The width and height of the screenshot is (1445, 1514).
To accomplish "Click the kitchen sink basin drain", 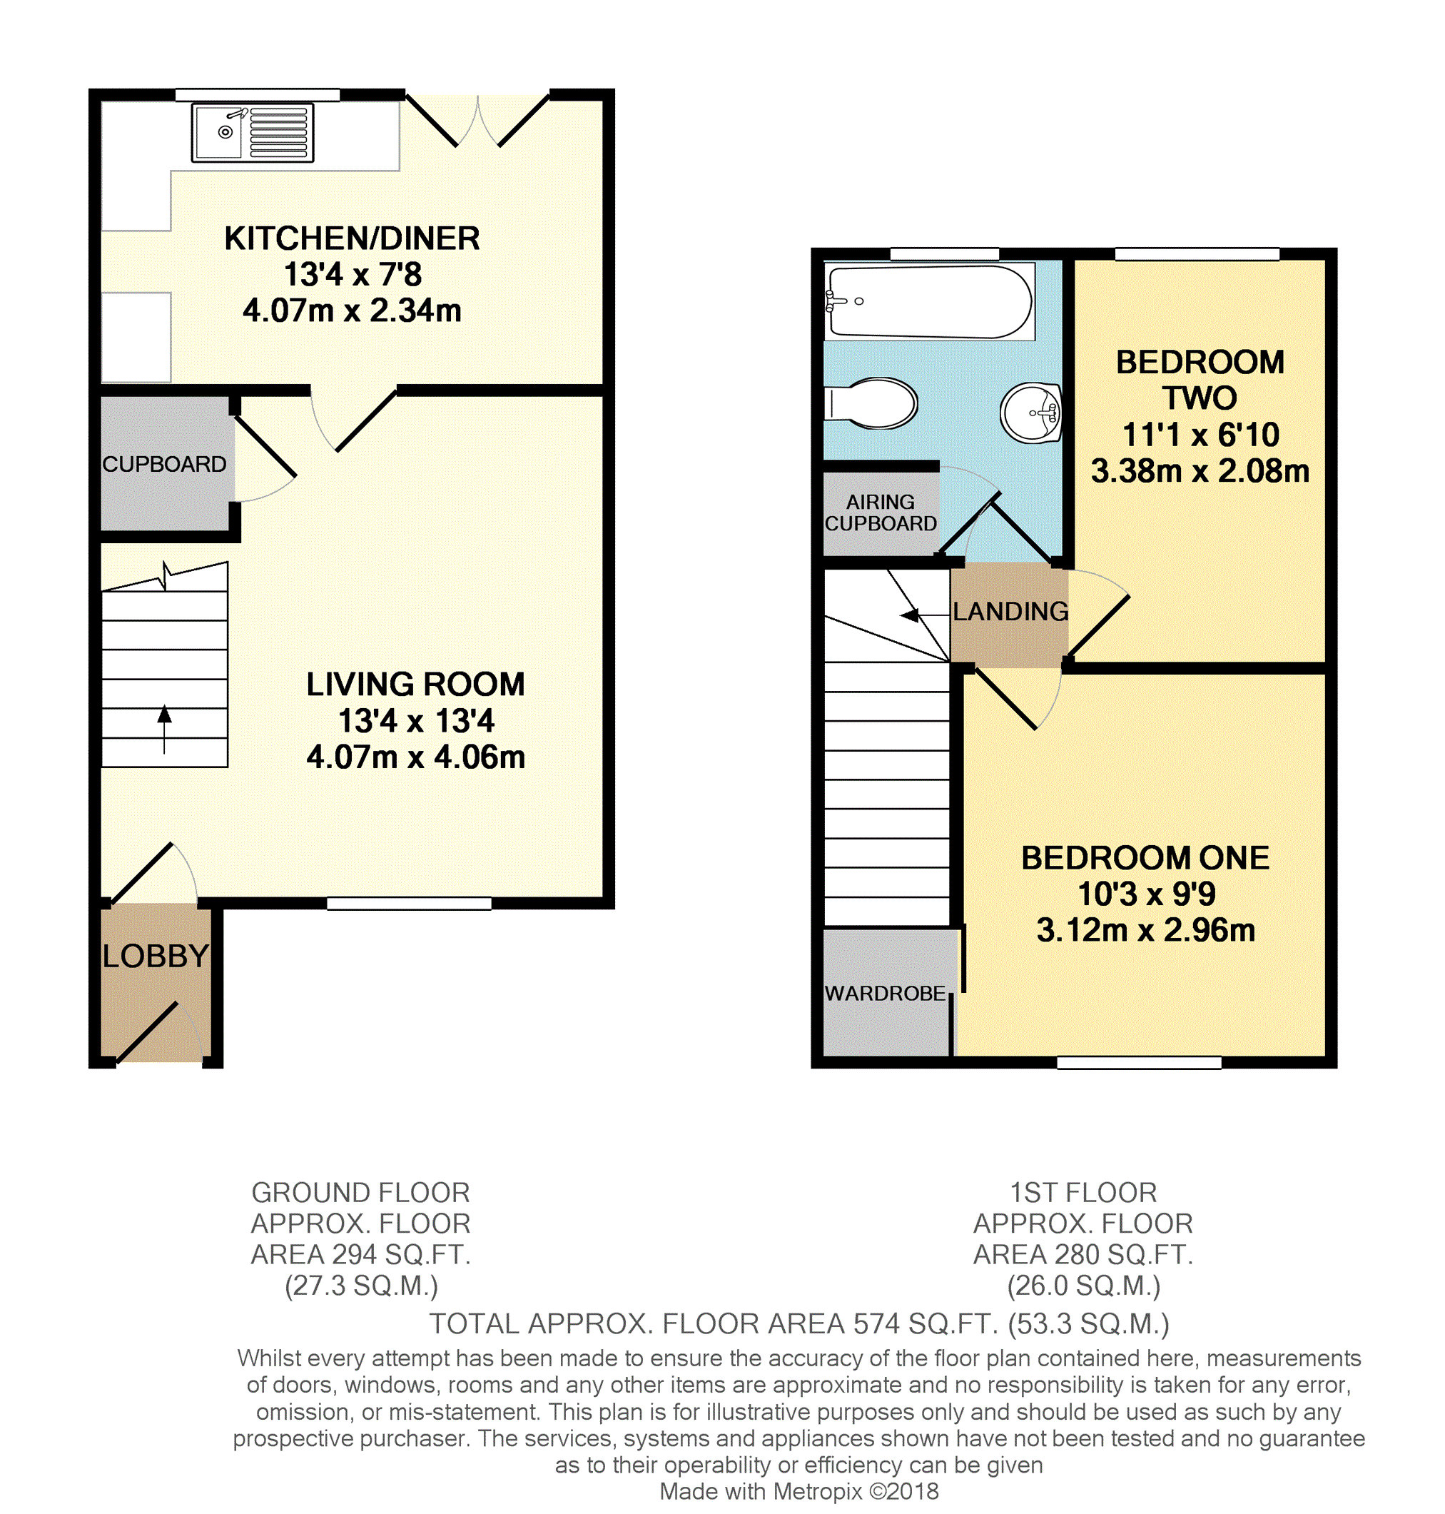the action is (x=225, y=133).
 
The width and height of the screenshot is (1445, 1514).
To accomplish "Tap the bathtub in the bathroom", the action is (x=929, y=301).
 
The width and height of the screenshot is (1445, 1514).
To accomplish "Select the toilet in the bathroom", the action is (x=871, y=402).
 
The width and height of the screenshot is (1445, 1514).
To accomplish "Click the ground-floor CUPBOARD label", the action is (x=164, y=464).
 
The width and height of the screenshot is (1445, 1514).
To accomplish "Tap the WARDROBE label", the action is (x=885, y=993).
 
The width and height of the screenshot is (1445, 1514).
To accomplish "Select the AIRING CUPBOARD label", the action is (x=881, y=513).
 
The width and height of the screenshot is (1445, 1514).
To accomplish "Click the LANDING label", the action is (x=1010, y=611).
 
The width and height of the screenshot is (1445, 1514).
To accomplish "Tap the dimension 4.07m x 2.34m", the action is (x=352, y=311).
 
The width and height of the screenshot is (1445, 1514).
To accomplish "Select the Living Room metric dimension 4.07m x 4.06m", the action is (x=416, y=757).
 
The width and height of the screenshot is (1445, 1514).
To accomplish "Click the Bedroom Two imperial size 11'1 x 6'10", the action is (x=1200, y=435).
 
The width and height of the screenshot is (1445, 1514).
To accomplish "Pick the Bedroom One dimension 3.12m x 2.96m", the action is (x=1145, y=930).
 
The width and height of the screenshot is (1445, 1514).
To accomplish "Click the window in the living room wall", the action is (x=409, y=903).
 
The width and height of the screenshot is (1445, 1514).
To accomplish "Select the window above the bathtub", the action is (x=944, y=254).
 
